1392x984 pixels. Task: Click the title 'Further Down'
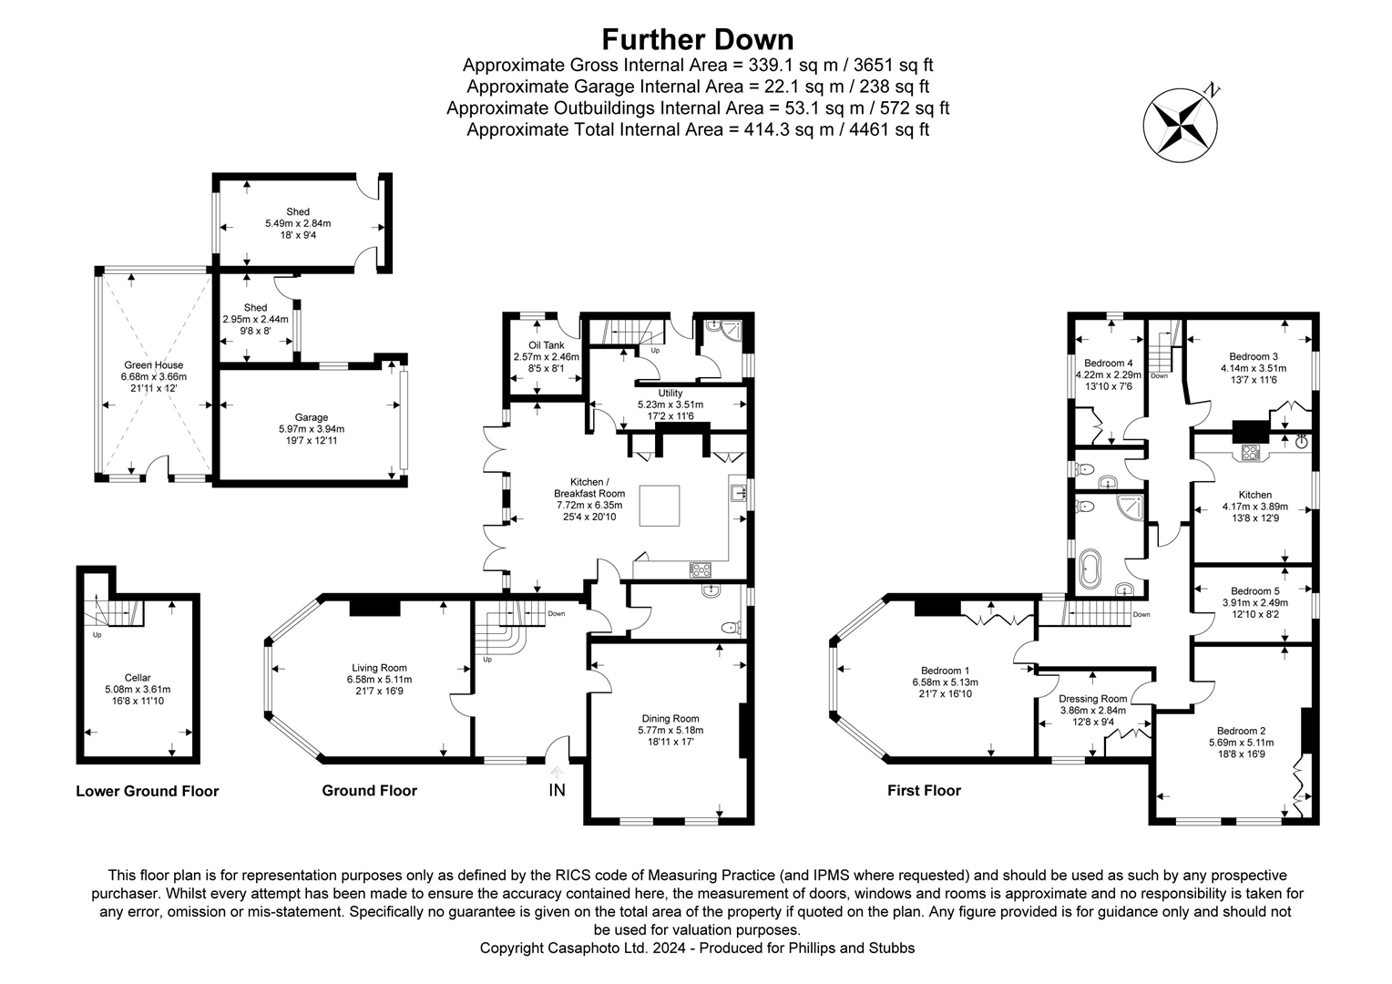coord(697,39)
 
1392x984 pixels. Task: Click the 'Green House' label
coord(153,365)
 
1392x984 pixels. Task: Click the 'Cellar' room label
coord(138,678)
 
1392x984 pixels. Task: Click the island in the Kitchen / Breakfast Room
coord(660,506)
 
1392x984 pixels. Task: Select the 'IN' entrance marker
coord(557,790)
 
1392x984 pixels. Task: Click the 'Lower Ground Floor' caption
coord(148,791)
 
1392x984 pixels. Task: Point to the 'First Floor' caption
coord(924,791)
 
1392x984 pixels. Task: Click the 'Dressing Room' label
coord(1092,700)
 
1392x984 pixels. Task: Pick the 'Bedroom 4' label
coord(1108,363)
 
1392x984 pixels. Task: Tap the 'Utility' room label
coord(670,394)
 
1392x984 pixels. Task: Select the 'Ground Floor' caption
coord(369,791)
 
